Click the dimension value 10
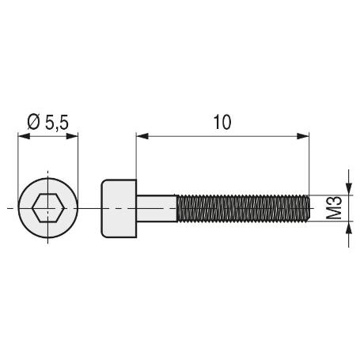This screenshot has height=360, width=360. pyautogui.click(x=222, y=121)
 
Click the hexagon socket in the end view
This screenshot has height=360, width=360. pyautogui.click(x=47, y=210)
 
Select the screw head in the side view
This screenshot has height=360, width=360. pyautogui.click(x=119, y=208)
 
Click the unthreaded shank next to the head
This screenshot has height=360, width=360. pyautogui.click(x=157, y=208)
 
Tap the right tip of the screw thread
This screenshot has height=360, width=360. pyautogui.click(x=308, y=208)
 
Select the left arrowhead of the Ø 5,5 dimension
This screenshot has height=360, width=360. pyautogui.click(x=22, y=136)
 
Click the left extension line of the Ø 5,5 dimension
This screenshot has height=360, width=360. pyautogui.click(x=17, y=158)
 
